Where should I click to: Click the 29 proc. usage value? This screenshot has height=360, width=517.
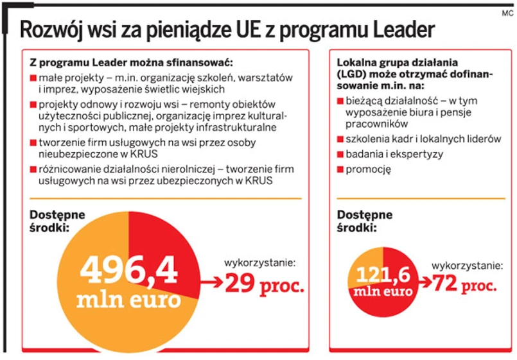[264, 284]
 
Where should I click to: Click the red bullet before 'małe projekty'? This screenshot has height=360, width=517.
[33, 78]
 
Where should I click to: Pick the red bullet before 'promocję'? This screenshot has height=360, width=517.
[340, 169]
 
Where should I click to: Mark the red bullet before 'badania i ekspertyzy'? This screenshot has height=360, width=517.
[340, 154]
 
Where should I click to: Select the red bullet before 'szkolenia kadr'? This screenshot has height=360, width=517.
[340, 139]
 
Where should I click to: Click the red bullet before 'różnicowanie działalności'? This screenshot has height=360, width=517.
[33, 169]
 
